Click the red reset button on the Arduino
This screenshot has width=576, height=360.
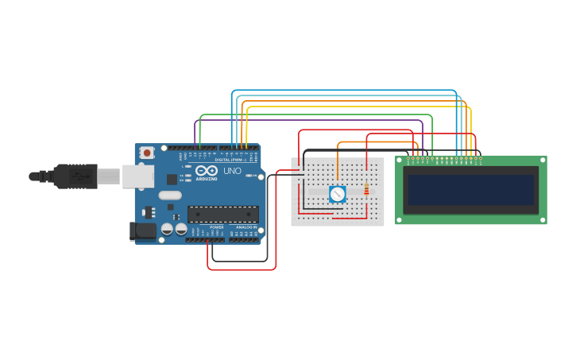tap(146, 152)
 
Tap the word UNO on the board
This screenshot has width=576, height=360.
tap(232, 171)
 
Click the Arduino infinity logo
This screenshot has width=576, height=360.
tap(206, 171)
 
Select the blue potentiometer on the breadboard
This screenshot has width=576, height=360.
tap(337, 193)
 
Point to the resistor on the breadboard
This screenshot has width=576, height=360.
tap(365, 189)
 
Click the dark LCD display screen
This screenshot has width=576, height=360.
tap(470, 190)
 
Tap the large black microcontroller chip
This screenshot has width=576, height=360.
tap(222, 214)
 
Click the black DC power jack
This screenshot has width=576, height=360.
tap(143, 230)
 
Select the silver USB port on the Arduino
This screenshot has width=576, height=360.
tap(137, 176)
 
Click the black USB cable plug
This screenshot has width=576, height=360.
tap(75, 176)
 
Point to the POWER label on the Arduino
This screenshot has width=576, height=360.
tap(217, 227)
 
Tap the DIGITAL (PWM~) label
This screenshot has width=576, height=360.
tap(230, 159)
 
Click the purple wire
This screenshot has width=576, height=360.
tap(310, 121)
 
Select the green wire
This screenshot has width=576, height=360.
tap(318, 115)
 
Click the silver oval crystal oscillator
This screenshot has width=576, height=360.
tap(169, 195)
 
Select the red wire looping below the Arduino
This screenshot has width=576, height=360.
tap(242, 269)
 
